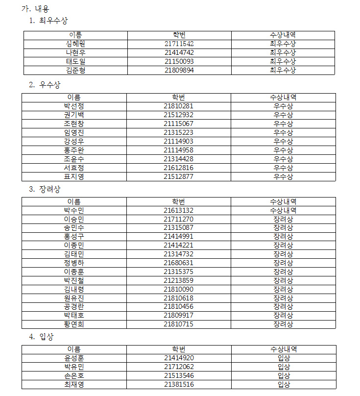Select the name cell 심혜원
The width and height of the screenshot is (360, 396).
(75, 44)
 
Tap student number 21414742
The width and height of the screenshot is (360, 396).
(179, 52)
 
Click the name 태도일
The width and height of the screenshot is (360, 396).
(75, 61)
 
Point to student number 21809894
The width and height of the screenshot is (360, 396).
(179, 70)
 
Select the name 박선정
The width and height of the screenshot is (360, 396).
(74, 106)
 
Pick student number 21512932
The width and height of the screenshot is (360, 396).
(178, 115)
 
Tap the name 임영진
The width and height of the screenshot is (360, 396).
(74, 132)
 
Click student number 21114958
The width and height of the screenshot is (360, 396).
(178, 150)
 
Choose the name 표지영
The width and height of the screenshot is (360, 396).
(74, 176)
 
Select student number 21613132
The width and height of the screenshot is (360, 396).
(178, 210)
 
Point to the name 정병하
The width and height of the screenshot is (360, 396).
(74, 263)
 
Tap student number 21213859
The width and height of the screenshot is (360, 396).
(178, 281)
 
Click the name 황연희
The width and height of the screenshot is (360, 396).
(74, 324)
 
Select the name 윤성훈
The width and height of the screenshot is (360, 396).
(74, 358)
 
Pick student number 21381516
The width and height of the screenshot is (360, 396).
(178, 385)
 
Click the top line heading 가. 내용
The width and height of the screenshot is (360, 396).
(36, 9)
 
